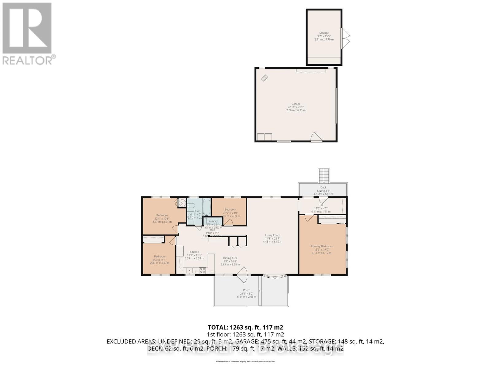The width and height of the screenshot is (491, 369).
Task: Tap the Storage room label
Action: click(324, 33)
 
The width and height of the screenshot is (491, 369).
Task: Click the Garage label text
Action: click(296, 104)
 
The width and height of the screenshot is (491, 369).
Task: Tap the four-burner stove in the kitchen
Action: click(202, 271)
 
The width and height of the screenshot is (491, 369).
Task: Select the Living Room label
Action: click(273, 236)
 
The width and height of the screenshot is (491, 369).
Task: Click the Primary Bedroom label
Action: click(321, 246)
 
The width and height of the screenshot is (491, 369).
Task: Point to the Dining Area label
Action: click(230, 258)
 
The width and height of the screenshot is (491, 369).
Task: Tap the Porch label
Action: click(246, 290)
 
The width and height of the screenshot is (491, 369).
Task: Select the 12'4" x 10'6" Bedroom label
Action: click(162, 215)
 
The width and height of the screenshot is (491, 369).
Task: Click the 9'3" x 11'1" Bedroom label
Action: click(160, 256)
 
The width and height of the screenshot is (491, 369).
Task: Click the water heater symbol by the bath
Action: click(182, 203)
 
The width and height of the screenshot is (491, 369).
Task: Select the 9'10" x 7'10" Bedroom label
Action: click(230, 210)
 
